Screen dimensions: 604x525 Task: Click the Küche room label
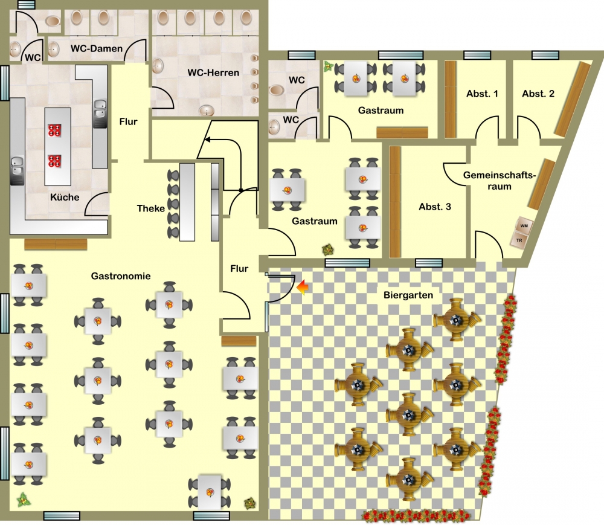click(65, 197)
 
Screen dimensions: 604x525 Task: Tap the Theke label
click(150, 208)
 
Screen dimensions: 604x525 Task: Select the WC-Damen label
click(96, 48)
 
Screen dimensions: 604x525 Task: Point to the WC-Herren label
click(213, 72)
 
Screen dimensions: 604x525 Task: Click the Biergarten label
click(408, 295)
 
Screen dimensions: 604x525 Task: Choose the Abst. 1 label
click(482, 94)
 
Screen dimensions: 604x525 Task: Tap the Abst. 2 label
click(538, 94)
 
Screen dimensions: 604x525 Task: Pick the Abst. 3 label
click(435, 207)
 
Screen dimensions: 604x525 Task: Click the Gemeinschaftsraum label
click(500, 181)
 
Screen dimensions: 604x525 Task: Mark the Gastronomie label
click(121, 276)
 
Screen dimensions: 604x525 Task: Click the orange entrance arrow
click(303, 288)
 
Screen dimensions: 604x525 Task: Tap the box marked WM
click(524, 226)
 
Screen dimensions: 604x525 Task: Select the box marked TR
click(519, 240)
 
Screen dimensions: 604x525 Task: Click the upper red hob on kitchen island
click(54, 130)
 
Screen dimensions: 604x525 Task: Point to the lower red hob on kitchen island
click(54, 161)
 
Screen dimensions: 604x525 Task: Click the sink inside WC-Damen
click(54, 49)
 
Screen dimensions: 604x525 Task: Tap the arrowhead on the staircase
click(207, 139)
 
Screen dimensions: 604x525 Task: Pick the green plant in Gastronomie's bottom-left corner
click(24, 500)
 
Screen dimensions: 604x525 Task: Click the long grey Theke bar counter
click(187, 202)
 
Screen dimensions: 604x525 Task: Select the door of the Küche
click(96, 203)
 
